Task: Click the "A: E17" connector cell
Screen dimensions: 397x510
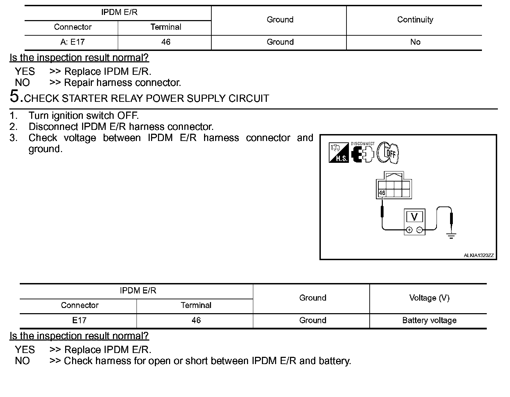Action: pyautogui.click(x=72, y=42)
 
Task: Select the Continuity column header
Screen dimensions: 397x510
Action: pyautogui.click(x=415, y=20)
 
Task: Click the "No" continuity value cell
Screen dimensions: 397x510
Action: pyautogui.click(x=415, y=42)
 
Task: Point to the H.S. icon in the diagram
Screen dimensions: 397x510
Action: pyautogui.click(x=338, y=153)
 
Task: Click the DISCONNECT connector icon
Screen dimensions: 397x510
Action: pyautogui.click(x=362, y=153)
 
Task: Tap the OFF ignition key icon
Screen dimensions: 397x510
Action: pyautogui.click(x=388, y=152)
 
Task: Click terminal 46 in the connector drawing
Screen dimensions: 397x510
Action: pyautogui.click(x=382, y=193)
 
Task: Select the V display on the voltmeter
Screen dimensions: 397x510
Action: pyautogui.click(x=414, y=217)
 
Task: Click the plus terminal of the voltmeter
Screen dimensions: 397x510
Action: pyautogui.click(x=409, y=230)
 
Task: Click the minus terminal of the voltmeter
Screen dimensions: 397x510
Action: pyautogui.click(x=419, y=230)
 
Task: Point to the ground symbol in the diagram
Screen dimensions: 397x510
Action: pyautogui.click(x=451, y=236)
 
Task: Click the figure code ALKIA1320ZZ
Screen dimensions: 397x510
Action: pyautogui.click(x=478, y=256)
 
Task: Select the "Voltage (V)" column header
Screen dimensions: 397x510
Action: pyautogui.click(x=429, y=298)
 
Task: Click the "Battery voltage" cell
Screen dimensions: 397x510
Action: pyautogui.click(x=429, y=320)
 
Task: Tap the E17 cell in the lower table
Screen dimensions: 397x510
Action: pyautogui.click(x=79, y=320)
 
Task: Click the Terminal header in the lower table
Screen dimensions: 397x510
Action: pyautogui.click(x=196, y=306)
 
